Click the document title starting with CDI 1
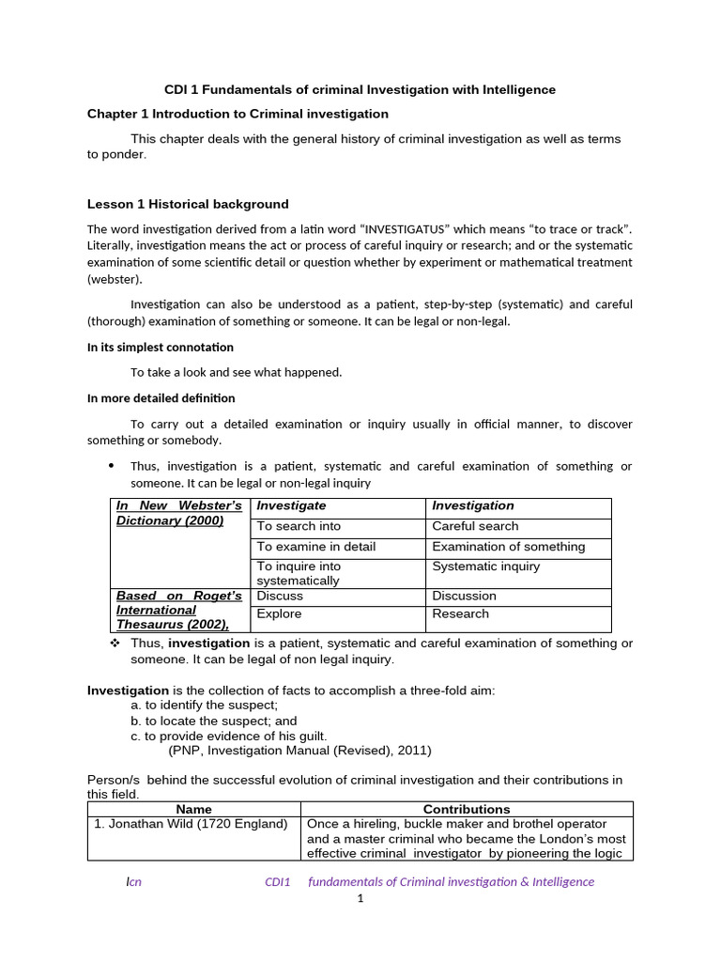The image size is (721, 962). pyautogui.click(x=360, y=89)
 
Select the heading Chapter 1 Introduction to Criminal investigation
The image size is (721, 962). pyautogui.click(x=238, y=114)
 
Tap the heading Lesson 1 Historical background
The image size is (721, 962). pyautogui.click(x=188, y=204)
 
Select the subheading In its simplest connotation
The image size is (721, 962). pyautogui.click(x=161, y=347)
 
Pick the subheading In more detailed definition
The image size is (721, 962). pyautogui.click(x=161, y=397)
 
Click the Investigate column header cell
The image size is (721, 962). pyautogui.click(x=292, y=505)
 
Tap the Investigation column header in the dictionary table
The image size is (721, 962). pyautogui.click(x=473, y=505)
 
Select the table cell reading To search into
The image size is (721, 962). pyautogui.click(x=299, y=526)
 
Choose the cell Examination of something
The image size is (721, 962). pyautogui.click(x=508, y=547)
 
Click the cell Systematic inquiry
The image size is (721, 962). pyautogui.click(x=485, y=566)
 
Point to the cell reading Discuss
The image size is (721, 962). pyautogui.click(x=280, y=596)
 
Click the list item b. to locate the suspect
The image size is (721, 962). pyautogui.click(x=214, y=721)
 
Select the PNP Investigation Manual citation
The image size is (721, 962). pyautogui.click(x=299, y=751)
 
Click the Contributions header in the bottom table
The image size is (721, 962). pyautogui.click(x=467, y=809)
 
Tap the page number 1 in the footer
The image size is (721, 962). pyautogui.click(x=359, y=899)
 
